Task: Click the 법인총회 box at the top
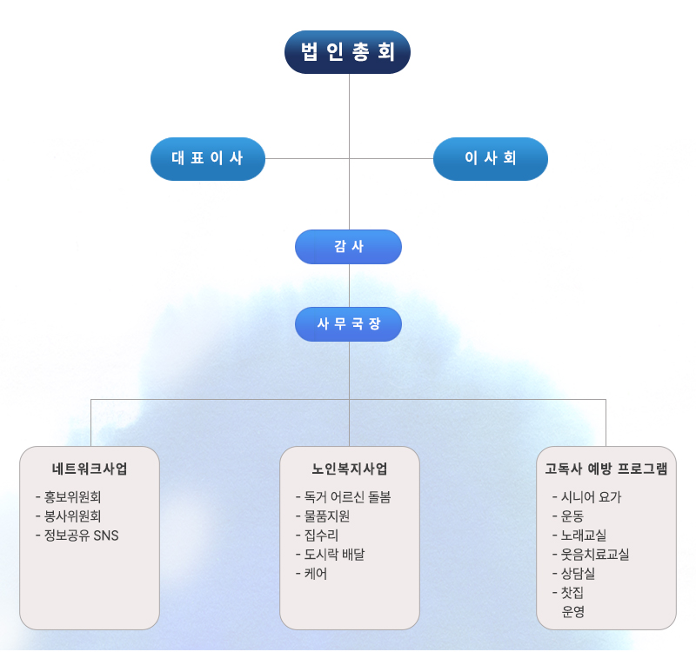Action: [x=348, y=52]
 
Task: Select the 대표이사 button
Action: [x=207, y=158]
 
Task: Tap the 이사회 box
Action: [x=491, y=158]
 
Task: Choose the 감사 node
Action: [x=348, y=247]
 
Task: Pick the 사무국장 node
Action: [x=348, y=324]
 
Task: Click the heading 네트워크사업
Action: [x=90, y=469]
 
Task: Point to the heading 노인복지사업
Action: [x=349, y=469]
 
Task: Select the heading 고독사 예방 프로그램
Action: [x=606, y=469]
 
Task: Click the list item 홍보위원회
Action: [x=73, y=497]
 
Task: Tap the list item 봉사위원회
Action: [x=73, y=516]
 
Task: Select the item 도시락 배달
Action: [x=334, y=555]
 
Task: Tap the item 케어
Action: [x=316, y=574]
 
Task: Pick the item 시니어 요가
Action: [x=592, y=497]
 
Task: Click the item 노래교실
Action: [x=584, y=536]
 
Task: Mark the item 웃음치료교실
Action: [x=595, y=555]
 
